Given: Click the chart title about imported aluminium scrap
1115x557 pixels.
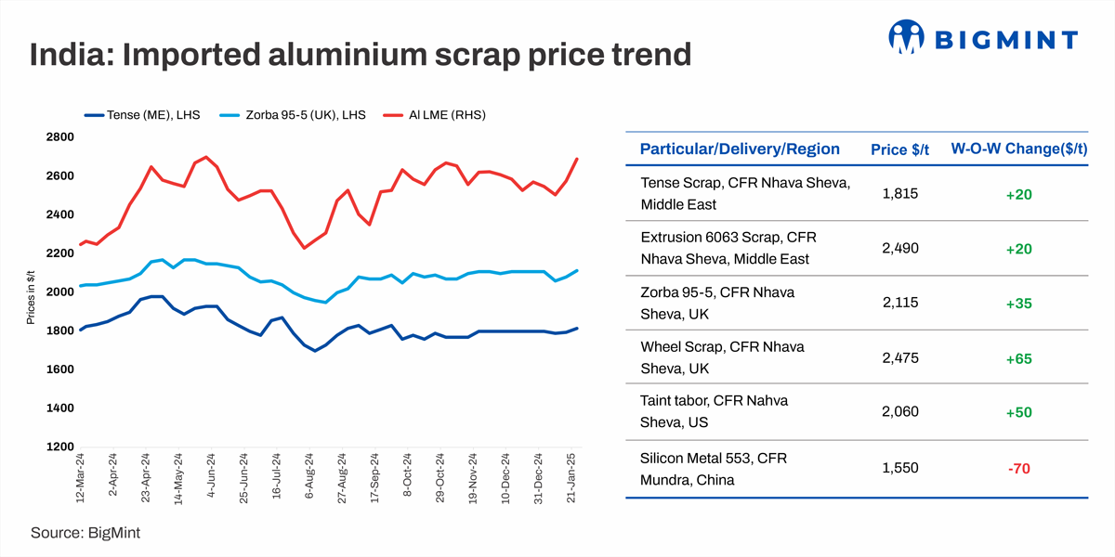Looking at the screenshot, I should tap(361, 54).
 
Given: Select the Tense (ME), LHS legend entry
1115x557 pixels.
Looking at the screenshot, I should tap(139, 114).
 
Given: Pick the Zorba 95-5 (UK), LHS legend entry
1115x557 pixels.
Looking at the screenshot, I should tap(295, 114).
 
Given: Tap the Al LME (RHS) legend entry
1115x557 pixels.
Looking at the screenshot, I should tap(436, 114).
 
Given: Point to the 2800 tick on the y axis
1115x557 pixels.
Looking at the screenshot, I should tap(59, 137).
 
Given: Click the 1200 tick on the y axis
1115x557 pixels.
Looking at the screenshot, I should tap(59, 447).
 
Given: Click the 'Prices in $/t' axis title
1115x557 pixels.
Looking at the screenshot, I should tap(31, 292).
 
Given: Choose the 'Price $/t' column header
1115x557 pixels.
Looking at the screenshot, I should tap(899, 149).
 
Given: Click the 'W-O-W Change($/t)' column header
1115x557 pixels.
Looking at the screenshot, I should tap(1018, 149).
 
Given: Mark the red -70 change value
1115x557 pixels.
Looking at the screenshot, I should tap(1019, 469).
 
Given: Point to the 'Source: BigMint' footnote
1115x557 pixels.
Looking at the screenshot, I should tap(85, 533).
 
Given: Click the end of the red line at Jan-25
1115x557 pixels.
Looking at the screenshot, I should tap(577, 159).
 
